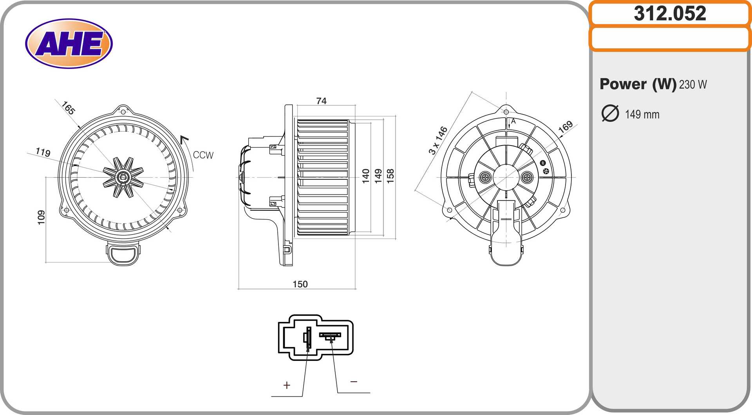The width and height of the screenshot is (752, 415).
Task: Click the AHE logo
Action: tap(69, 44)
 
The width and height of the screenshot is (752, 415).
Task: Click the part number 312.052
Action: tap(670, 13)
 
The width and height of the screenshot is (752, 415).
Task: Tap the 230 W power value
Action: tap(693, 84)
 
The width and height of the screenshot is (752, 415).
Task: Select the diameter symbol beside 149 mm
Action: tap(610, 113)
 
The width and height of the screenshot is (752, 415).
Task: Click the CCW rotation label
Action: tap(203, 155)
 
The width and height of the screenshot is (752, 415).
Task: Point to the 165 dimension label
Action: tap(68, 108)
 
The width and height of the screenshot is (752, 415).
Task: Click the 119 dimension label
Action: tap(43, 152)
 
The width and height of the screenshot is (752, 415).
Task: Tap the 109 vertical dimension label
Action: tap(41, 217)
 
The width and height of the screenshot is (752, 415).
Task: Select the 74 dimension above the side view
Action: tap(321, 101)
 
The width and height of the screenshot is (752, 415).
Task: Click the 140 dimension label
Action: tap(366, 176)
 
